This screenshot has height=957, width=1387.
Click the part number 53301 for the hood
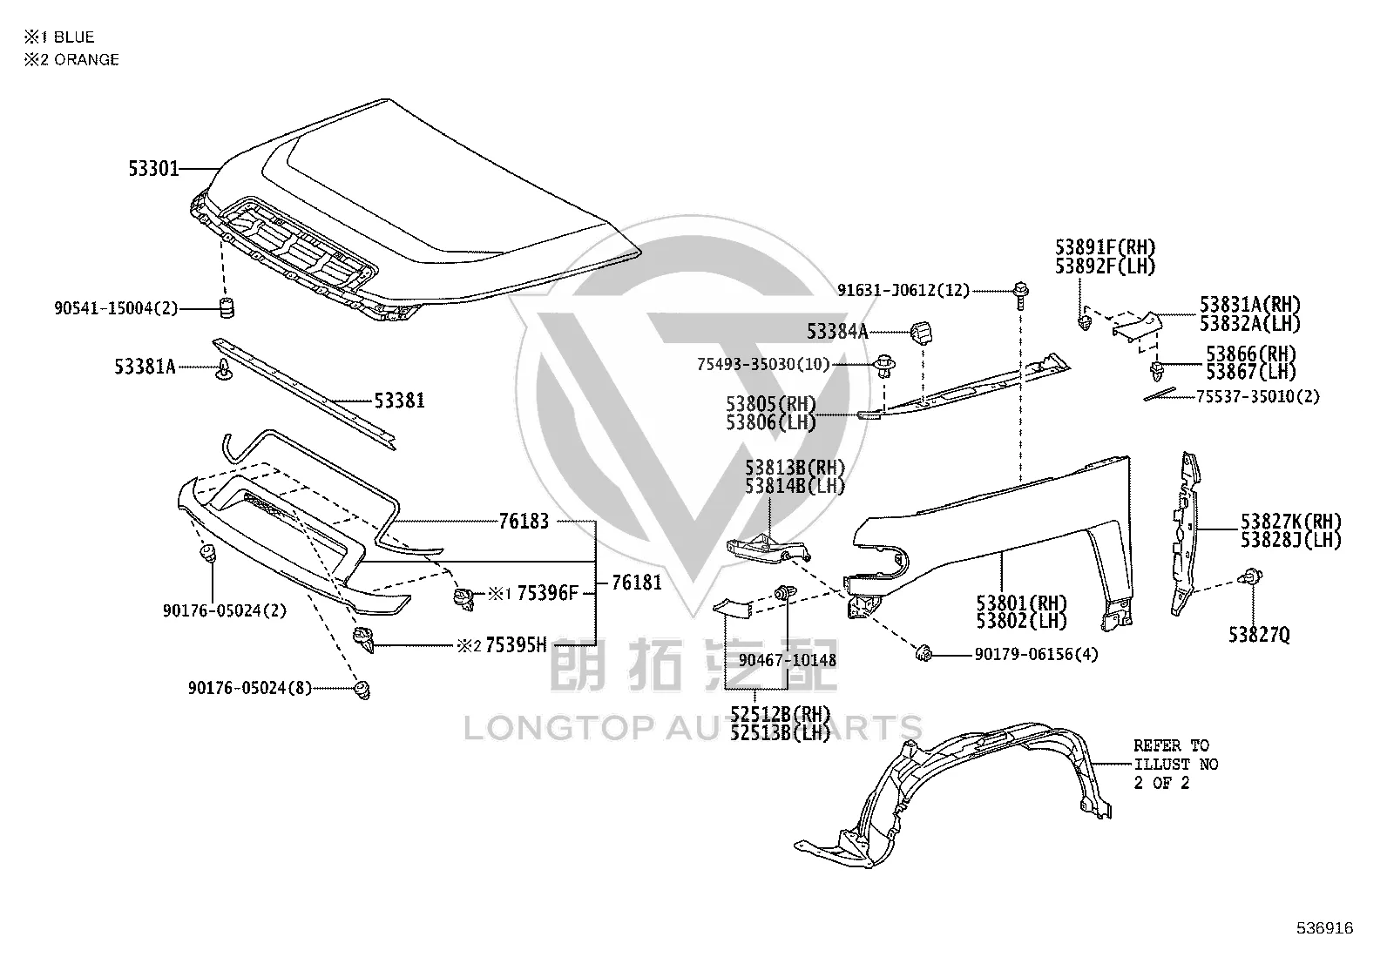(x=153, y=168)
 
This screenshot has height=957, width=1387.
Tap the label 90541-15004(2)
(x=116, y=307)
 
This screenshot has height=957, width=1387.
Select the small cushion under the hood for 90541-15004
(x=227, y=307)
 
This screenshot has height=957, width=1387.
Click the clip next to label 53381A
(x=224, y=369)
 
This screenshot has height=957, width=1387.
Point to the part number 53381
(x=399, y=401)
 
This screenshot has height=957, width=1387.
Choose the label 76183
(x=524, y=522)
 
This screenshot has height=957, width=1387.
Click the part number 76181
(x=637, y=582)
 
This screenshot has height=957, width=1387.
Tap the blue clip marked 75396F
(x=463, y=598)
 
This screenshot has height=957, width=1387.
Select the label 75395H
(x=516, y=645)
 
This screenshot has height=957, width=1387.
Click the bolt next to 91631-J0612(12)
(x=1021, y=295)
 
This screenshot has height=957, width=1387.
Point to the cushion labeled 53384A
(x=922, y=333)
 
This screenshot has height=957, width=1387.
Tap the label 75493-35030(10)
(x=763, y=364)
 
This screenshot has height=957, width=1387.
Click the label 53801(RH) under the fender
(x=1022, y=603)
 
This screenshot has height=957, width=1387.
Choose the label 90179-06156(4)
(x=1036, y=654)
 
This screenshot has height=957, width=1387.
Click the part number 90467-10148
(x=788, y=660)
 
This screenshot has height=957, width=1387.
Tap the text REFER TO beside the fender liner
(x=1172, y=745)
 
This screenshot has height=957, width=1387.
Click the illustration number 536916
(x=1325, y=928)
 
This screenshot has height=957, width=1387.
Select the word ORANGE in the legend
(x=87, y=59)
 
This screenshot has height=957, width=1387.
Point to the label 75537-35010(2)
(x=1257, y=396)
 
